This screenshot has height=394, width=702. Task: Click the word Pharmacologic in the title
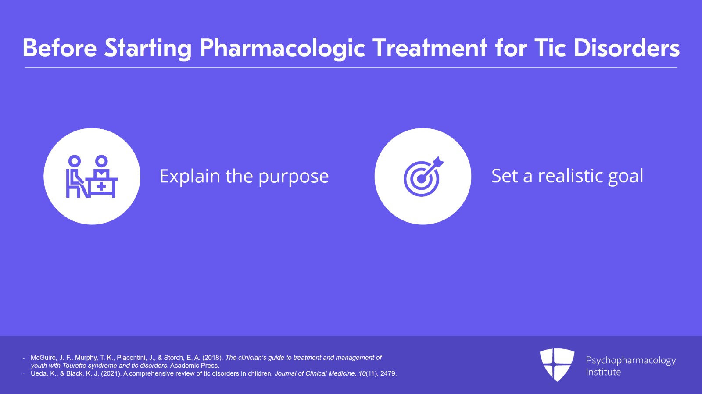tap(282, 48)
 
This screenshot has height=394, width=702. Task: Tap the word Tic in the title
tap(550, 48)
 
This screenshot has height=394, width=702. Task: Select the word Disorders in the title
tap(627, 48)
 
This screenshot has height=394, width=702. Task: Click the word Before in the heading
tap(59, 48)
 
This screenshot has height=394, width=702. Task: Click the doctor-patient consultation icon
tap(92, 176)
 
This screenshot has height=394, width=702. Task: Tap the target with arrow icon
tap(423, 176)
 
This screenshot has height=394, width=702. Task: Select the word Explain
tap(190, 176)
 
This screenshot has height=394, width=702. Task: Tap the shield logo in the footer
tap(557, 364)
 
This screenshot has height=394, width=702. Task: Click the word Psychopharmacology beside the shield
tap(630, 360)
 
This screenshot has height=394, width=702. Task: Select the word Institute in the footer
tap(603, 372)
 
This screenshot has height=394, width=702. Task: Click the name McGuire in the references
tap(43, 358)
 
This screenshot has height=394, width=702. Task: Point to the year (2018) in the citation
tap(212, 358)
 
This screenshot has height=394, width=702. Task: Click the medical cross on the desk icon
tap(102, 187)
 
